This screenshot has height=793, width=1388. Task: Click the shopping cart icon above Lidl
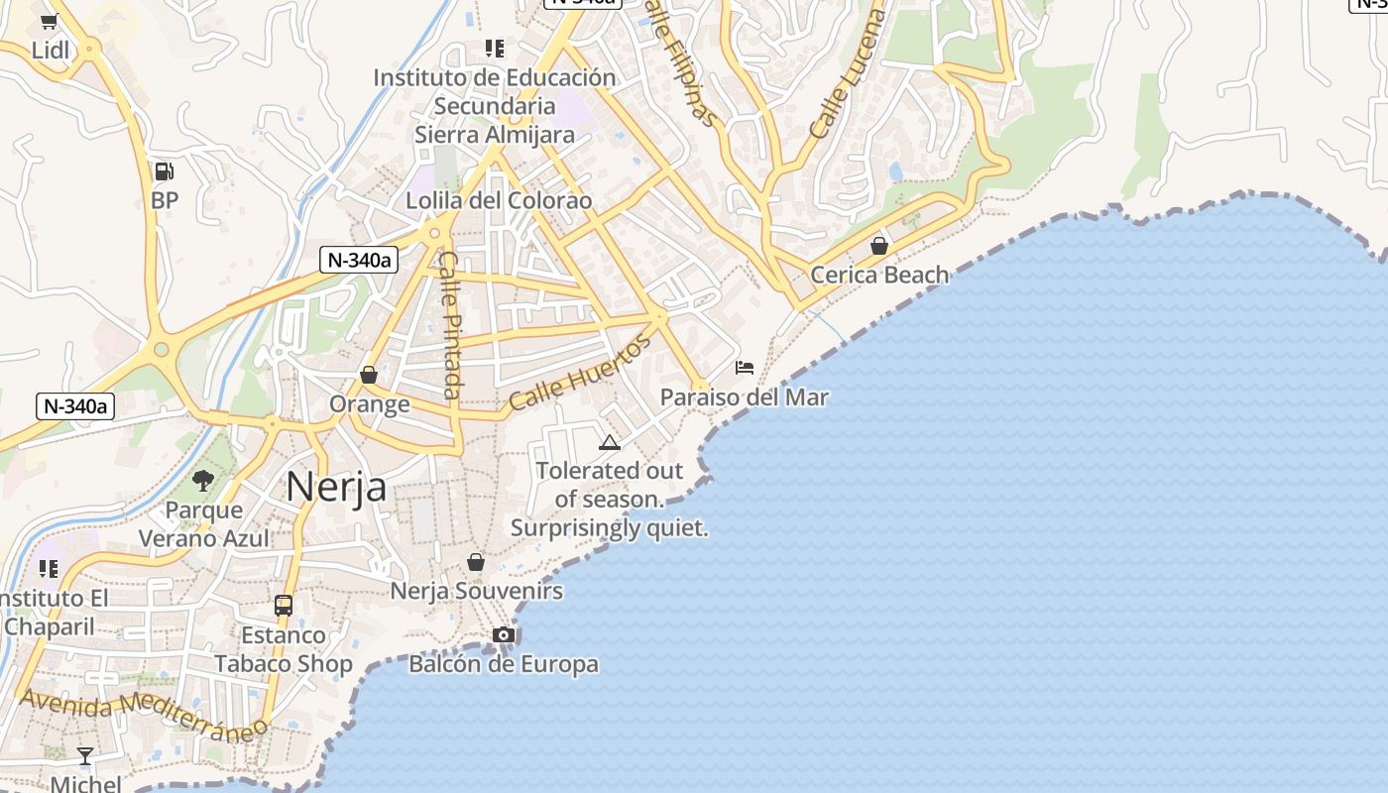[50, 21]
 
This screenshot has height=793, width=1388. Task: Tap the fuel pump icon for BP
[164, 171]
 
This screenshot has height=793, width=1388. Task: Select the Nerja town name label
[336, 487]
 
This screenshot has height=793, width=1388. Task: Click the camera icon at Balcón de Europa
[504, 634]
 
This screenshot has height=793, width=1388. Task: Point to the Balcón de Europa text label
[504, 664]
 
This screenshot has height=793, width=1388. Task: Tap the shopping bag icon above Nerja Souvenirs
[476, 562]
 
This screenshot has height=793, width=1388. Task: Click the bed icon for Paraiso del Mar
[745, 368]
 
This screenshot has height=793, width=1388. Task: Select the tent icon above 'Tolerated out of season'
[610, 441]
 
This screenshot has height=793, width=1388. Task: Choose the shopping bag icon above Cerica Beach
[879, 246]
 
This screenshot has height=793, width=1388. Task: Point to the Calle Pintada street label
[451, 324]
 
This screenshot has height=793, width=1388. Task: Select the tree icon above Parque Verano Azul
[203, 481]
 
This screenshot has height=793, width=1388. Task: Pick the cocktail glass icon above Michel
[85, 756]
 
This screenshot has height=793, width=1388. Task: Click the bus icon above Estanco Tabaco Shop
[284, 605]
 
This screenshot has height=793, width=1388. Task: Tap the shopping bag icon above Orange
[369, 375]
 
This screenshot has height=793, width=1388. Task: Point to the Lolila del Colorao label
[499, 201]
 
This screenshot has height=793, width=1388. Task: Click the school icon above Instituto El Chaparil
[49, 569]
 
